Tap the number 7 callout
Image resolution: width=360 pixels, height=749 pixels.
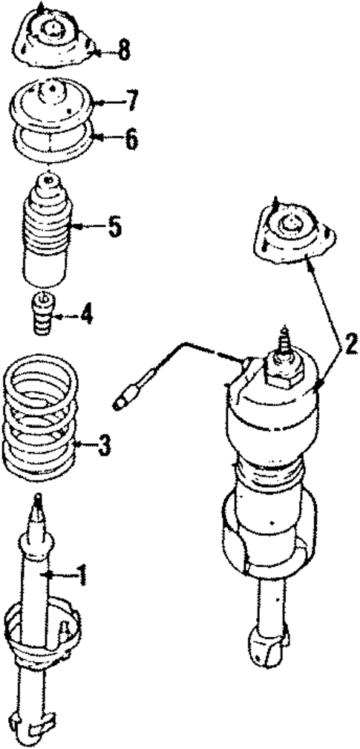click(131, 101)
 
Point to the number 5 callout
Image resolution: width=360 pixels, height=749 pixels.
click(114, 226)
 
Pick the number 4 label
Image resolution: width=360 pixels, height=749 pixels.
click(88, 315)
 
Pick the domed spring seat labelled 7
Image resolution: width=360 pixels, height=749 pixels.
click(52, 104)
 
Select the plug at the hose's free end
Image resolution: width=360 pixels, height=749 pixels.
click(124, 402)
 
